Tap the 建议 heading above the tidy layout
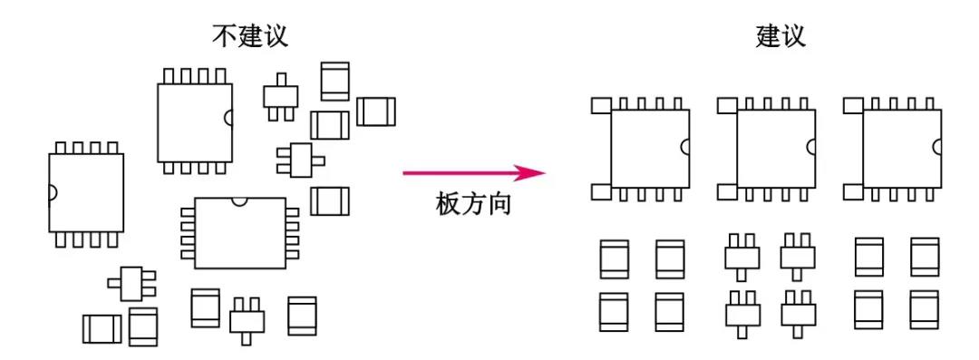pyautogui.click(x=780, y=37)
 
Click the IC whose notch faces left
pyautogui.click(x=85, y=192)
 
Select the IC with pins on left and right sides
pyautogui.click(x=240, y=232)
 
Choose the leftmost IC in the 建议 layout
pyautogui.click(x=649, y=147)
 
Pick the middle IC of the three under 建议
pyautogui.click(x=775, y=147)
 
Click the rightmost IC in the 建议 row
pyautogui.click(x=901, y=147)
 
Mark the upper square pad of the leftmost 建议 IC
pyautogui.click(x=601, y=106)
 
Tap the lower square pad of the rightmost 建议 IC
pyautogui.click(x=853, y=191)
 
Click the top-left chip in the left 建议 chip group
pyautogui.click(x=614, y=258)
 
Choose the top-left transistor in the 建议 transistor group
pyautogui.click(x=742, y=255)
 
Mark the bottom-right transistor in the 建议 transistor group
pyautogui.click(x=798, y=312)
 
